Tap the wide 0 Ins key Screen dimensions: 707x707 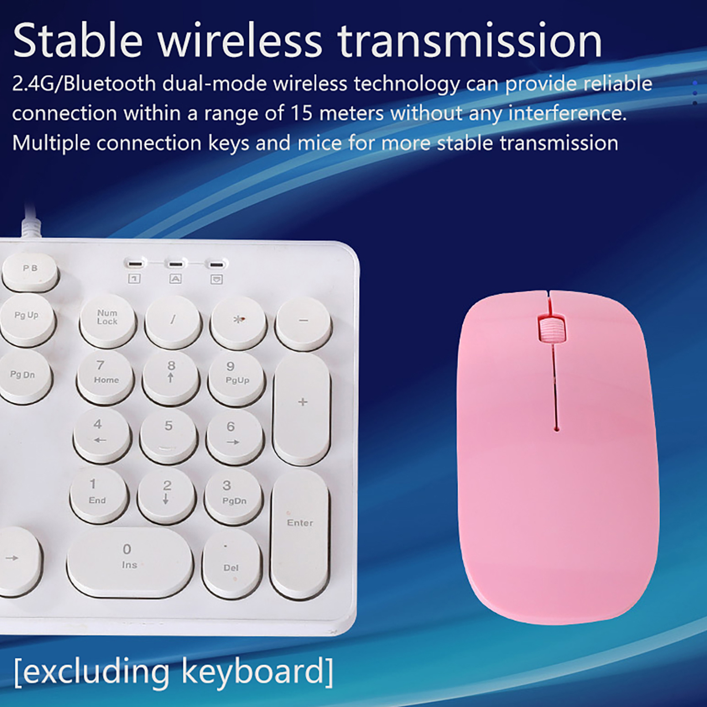130,562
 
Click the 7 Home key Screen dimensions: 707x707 105,377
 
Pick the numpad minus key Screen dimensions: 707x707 303,323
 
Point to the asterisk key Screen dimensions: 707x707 239,322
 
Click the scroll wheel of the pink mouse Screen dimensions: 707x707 551,329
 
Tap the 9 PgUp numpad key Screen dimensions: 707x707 237,378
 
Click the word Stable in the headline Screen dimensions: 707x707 78,41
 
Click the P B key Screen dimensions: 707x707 30,270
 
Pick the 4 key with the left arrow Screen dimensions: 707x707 101,435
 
